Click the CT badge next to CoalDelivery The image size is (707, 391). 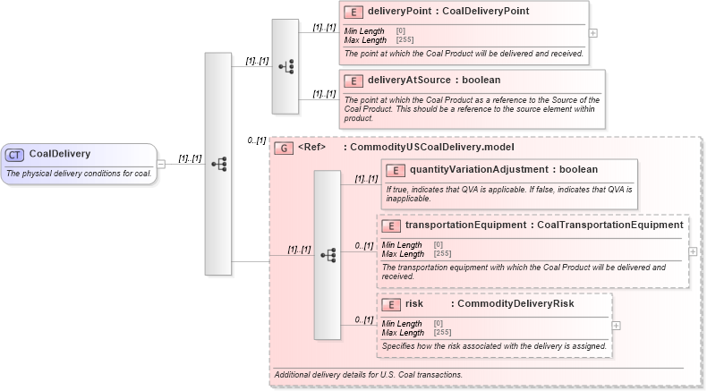(x=14, y=154)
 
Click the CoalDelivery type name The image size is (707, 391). (x=60, y=154)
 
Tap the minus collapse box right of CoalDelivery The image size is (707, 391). (x=161, y=164)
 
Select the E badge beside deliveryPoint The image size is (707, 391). (x=353, y=12)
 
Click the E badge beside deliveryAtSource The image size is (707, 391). (x=353, y=80)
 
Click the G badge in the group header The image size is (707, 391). (x=284, y=147)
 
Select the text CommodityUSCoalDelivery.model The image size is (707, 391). (x=432, y=147)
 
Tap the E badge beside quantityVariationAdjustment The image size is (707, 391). (x=396, y=170)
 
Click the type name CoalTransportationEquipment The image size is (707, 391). (x=609, y=225)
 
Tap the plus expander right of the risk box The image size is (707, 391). (x=616, y=325)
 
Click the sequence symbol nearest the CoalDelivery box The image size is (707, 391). (x=218, y=164)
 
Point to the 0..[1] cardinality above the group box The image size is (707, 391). (x=257, y=140)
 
